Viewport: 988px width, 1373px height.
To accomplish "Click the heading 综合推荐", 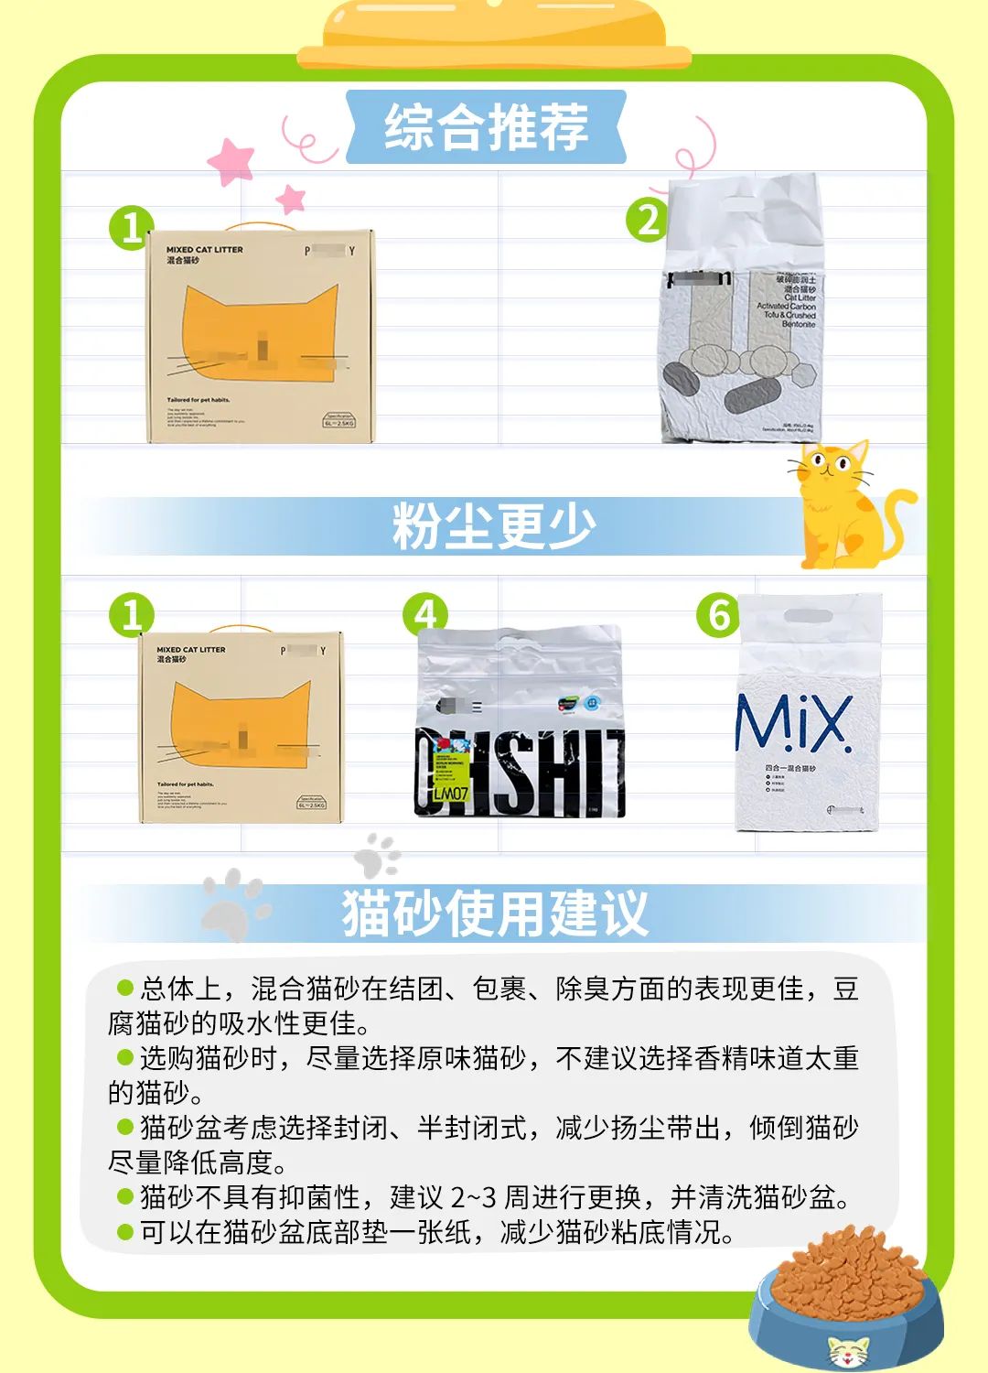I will pos(486,127).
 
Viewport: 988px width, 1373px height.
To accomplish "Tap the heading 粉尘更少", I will pos(494,526).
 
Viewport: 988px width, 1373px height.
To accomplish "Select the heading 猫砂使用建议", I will pos(495,913).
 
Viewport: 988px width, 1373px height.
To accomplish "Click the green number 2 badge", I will pos(648,221).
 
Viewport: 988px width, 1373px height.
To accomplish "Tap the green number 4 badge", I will pos(425,615).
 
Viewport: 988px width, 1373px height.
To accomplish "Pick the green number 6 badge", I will pos(718,615).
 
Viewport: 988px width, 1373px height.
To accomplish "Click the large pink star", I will pos(232,161).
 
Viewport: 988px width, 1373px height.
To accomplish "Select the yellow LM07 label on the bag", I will pos(449,792).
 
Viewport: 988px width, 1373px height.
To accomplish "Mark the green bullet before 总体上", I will pos(125,988).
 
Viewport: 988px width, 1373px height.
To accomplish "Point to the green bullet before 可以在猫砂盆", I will pos(125,1232).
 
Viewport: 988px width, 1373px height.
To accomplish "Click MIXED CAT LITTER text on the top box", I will pos(205,249).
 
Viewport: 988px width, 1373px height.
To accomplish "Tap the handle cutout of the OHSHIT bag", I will pos(518,639).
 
